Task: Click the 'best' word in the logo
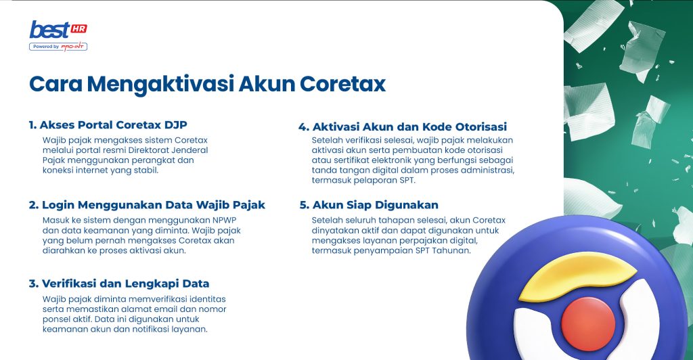(49, 30)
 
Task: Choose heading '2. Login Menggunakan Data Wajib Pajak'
(147, 204)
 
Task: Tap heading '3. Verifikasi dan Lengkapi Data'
(118, 283)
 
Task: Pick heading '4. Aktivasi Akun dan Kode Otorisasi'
(403, 127)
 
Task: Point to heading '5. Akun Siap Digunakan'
(369, 204)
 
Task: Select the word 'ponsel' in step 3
(56, 319)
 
